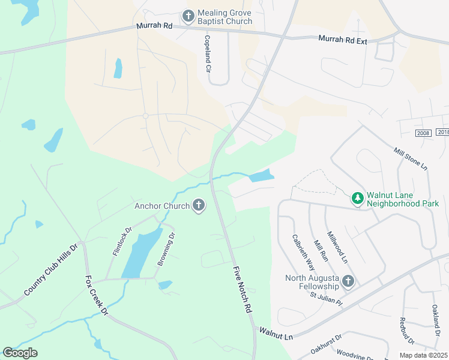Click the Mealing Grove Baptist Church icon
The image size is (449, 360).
(x=188, y=16)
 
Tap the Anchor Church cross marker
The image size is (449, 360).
(x=199, y=206)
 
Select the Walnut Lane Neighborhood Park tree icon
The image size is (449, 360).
(x=358, y=197)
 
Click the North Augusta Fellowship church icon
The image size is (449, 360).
(x=348, y=281)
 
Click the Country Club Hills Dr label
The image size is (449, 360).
(x=51, y=268)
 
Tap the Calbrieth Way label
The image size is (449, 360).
(x=303, y=250)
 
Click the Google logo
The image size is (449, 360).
(x=20, y=353)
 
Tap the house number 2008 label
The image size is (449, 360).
(x=423, y=133)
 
